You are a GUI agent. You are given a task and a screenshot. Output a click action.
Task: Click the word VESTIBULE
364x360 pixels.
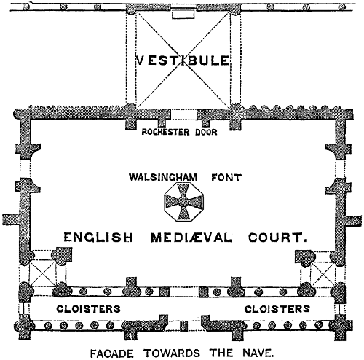[x=183, y=60]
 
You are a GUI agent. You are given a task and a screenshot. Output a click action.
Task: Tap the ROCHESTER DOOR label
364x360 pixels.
[x=179, y=132]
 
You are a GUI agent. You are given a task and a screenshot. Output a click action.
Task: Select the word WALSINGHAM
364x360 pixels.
[x=163, y=177]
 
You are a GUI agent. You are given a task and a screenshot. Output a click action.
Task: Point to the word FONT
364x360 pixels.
[x=226, y=178]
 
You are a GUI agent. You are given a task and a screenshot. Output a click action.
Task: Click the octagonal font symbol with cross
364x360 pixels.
[x=183, y=202]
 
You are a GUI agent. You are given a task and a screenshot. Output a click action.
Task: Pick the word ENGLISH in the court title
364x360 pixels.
[x=98, y=237]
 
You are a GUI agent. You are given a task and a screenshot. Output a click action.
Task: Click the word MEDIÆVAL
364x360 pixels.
[x=191, y=238]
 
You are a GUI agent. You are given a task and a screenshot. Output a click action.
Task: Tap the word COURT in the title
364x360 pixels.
[x=278, y=238]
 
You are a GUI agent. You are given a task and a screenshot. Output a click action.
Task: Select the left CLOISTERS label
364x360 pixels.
[x=89, y=309]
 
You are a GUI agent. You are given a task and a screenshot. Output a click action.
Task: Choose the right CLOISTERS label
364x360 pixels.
[x=277, y=309]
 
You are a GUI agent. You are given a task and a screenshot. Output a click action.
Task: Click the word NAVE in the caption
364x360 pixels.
[x=258, y=353]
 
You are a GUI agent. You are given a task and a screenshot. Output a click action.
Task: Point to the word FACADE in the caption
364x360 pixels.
[x=112, y=353]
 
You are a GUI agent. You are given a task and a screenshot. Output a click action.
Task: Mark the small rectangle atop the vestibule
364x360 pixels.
[x=183, y=15]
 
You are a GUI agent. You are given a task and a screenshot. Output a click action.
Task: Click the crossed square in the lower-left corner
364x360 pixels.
[x=43, y=273]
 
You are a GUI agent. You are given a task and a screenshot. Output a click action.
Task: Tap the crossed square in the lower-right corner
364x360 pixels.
[x=323, y=273]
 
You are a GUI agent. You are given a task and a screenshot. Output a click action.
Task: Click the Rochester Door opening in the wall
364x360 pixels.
[x=183, y=114]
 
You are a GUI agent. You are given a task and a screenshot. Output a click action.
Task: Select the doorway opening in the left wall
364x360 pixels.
[x=25, y=168]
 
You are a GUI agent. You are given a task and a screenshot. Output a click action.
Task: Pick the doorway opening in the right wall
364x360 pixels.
[x=341, y=168]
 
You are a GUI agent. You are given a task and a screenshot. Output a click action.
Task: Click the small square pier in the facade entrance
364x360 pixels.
[x=183, y=326]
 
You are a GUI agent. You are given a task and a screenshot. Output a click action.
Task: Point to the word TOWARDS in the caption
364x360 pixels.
[x=172, y=353]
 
